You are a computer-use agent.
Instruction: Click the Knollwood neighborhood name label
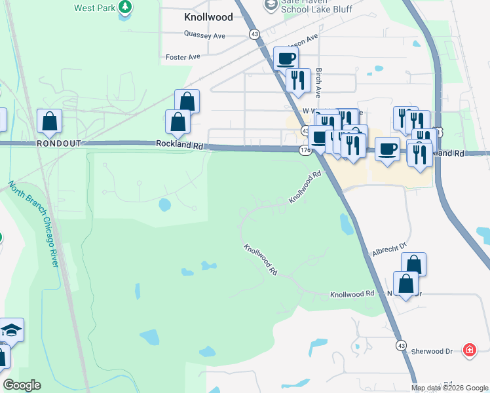[208, 17]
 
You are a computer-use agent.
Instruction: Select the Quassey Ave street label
[204, 35]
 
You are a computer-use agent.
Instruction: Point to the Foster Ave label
[183, 57]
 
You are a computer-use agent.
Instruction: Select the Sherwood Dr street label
[432, 351]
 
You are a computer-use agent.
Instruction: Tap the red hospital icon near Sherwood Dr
[469, 350]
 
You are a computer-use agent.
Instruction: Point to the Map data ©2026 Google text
[450, 388]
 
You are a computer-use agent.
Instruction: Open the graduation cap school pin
[11, 329]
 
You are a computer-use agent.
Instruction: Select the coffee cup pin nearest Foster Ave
[286, 58]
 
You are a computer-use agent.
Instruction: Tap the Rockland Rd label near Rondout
[178, 144]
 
